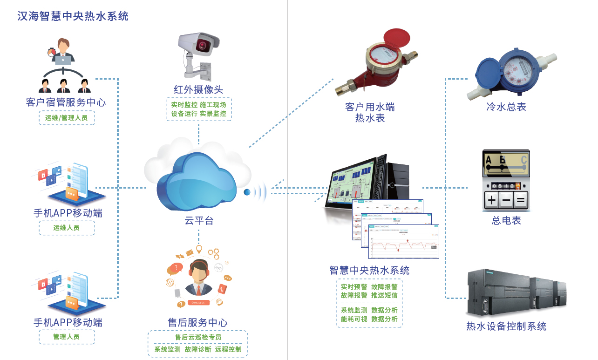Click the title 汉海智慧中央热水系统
click(73, 16)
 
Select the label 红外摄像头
click(198, 89)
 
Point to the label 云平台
click(199, 221)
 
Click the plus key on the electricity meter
click(491, 201)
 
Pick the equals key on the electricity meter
click(521, 201)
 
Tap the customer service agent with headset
click(198, 279)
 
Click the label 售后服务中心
click(198, 322)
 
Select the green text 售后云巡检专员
click(198, 337)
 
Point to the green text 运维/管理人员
click(67, 118)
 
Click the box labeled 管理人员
click(67, 337)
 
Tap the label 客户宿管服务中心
click(66, 102)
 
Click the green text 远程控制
click(228, 349)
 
